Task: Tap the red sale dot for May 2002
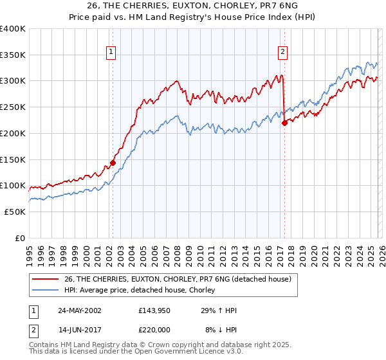113,163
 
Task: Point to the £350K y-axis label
13,55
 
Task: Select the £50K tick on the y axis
15,212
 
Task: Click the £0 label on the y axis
19,238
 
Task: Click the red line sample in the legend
46,279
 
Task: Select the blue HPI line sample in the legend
46,290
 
